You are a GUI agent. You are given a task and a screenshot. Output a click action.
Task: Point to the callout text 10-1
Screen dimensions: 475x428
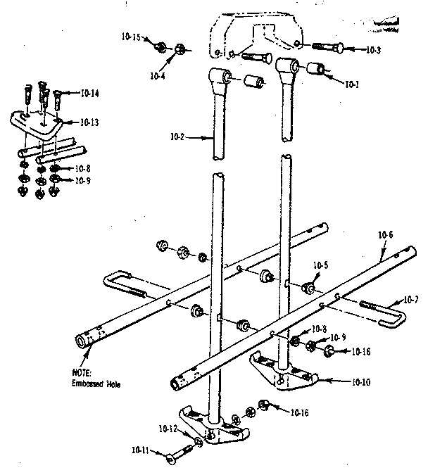click(x=352, y=85)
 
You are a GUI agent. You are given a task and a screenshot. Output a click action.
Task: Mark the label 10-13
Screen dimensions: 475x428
click(x=89, y=122)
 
